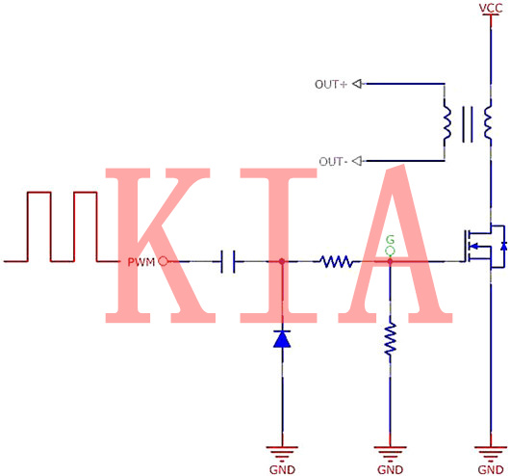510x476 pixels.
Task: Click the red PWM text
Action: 140,261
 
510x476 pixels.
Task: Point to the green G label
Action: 390,239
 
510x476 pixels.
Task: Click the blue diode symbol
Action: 281,338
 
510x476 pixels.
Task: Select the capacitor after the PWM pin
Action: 228,261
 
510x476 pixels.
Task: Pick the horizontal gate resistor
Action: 336,261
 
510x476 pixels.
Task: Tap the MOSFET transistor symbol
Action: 484,247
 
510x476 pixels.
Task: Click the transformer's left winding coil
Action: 446,122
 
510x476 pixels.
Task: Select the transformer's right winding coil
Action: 489,122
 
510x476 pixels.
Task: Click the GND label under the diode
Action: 281,469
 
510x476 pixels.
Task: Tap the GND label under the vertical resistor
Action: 390,469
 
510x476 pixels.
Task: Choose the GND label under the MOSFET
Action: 490,469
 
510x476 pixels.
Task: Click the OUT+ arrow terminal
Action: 357,84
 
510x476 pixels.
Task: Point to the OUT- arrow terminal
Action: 357,161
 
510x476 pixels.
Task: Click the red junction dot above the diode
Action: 281,261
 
